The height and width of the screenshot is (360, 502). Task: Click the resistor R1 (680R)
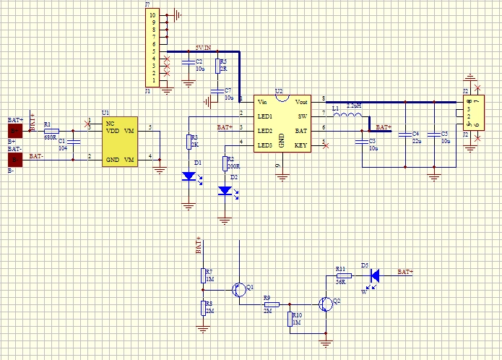click(x=51, y=131)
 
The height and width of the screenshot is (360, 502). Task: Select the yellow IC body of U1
click(x=121, y=142)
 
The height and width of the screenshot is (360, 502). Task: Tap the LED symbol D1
click(x=189, y=176)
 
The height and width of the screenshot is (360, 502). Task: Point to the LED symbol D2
click(x=225, y=191)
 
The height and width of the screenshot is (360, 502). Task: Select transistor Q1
click(x=238, y=290)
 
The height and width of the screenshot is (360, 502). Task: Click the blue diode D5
click(x=374, y=275)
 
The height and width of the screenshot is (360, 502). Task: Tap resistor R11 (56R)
click(x=343, y=275)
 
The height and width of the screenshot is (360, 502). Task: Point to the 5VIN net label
click(x=203, y=47)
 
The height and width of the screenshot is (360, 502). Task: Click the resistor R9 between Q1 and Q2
click(x=271, y=304)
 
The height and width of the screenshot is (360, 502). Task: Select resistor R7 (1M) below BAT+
click(x=203, y=275)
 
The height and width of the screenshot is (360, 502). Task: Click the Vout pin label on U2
click(x=301, y=101)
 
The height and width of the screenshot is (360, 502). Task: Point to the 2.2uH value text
click(x=354, y=106)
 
